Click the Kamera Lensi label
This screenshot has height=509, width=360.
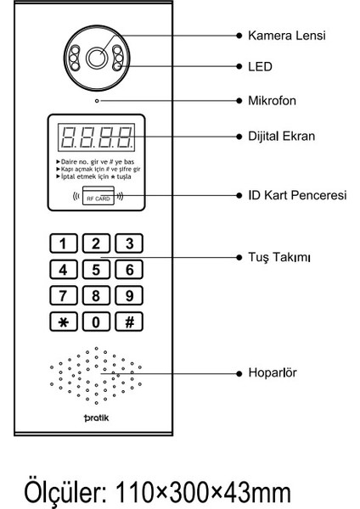[286, 36]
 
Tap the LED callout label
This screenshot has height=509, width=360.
[259, 64]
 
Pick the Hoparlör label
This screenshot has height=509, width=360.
[271, 372]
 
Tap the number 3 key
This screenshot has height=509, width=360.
[128, 244]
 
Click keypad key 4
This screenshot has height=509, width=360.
[62, 271]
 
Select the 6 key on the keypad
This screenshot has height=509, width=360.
[128, 271]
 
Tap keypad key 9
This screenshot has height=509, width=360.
[128, 296]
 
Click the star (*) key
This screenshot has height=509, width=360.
[62, 322]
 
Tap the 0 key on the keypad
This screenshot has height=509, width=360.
[95, 322]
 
